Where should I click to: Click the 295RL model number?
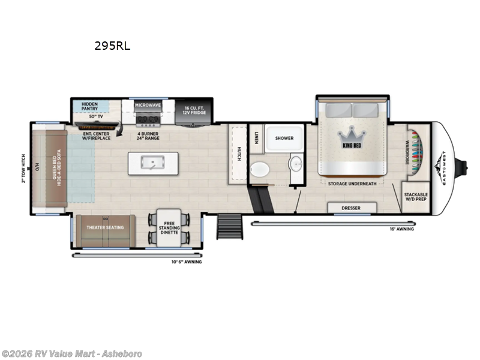(112, 46)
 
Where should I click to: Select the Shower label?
(284, 139)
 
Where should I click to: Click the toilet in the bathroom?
(260, 170)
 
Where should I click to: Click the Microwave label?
(148, 106)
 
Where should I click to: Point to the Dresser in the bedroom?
(352, 208)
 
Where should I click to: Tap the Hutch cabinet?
(238, 154)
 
